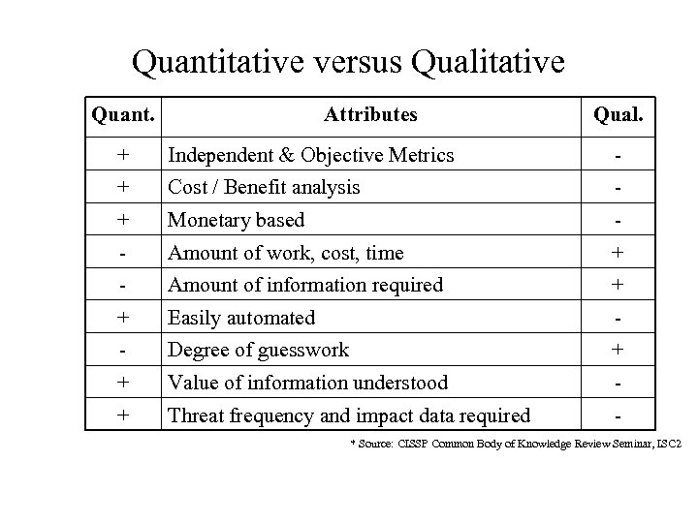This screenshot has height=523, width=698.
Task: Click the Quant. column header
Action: coord(123,115)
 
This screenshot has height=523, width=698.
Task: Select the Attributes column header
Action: coord(371,114)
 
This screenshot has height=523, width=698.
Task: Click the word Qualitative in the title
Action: coord(488,63)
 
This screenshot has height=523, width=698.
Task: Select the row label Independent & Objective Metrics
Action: coord(311,155)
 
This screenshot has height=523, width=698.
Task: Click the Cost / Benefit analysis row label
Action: coord(265,187)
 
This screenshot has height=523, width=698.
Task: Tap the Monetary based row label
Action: coord(237,220)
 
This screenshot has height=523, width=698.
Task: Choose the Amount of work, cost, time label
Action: coord(286,253)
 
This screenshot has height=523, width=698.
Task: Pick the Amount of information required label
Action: coord(305,285)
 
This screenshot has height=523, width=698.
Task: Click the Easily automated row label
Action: coord(241,318)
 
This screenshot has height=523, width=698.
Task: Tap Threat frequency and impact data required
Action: coord(349,415)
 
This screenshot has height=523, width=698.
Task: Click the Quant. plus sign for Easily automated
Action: coord(123,318)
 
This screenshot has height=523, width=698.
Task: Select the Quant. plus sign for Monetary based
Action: coord(123,220)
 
